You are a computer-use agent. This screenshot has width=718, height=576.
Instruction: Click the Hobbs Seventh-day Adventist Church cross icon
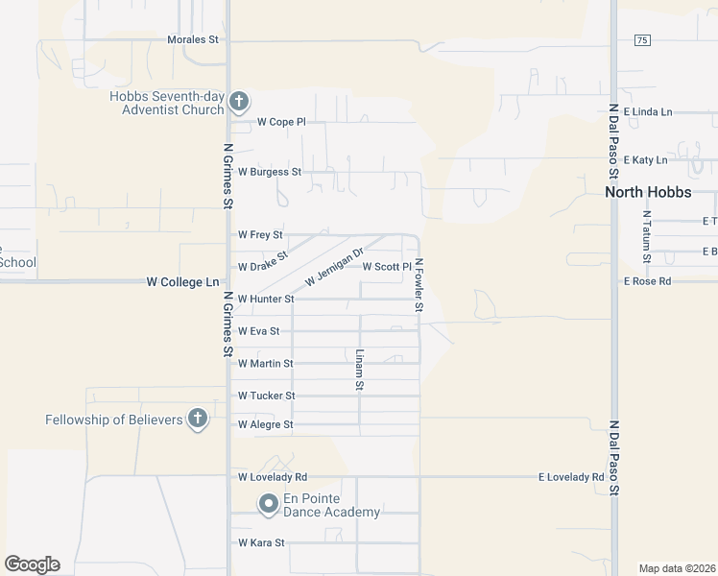[240, 100]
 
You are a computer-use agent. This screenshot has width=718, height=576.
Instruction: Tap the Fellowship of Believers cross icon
[197, 420]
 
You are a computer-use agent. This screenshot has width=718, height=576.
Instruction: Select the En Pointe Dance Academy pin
[268, 503]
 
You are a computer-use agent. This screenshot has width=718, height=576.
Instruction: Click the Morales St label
[193, 40]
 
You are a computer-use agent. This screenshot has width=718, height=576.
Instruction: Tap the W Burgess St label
[270, 172]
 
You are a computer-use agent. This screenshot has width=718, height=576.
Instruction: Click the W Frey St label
[260, 234]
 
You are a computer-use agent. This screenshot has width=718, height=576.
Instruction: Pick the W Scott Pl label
[387, 266]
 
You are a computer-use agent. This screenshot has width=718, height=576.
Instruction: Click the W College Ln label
[182, 282]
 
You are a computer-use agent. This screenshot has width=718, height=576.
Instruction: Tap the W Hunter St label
[265, 299]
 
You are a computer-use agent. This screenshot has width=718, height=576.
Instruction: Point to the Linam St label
[360, 370]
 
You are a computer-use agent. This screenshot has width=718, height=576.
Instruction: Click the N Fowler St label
[419, 285]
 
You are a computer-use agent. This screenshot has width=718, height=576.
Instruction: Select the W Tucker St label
[266, 396]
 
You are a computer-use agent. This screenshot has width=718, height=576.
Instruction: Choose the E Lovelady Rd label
[571, 476]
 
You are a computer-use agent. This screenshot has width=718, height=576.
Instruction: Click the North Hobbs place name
[648, 192]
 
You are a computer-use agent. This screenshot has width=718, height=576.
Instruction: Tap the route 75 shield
[642, 39]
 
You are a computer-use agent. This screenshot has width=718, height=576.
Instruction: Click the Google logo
[32, 564]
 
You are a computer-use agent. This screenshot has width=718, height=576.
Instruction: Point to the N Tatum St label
[647, 237]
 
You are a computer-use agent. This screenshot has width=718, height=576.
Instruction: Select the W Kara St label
[261, 542]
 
